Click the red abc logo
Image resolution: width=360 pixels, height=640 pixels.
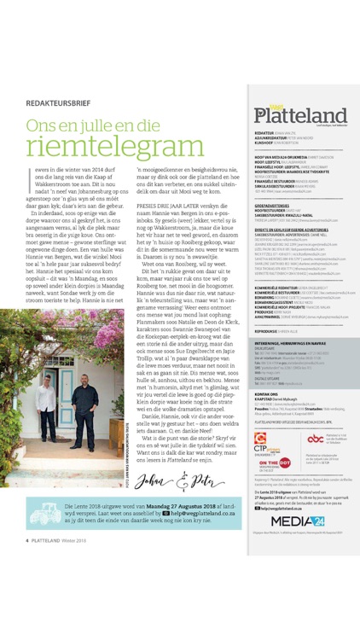tap(315, 438)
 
